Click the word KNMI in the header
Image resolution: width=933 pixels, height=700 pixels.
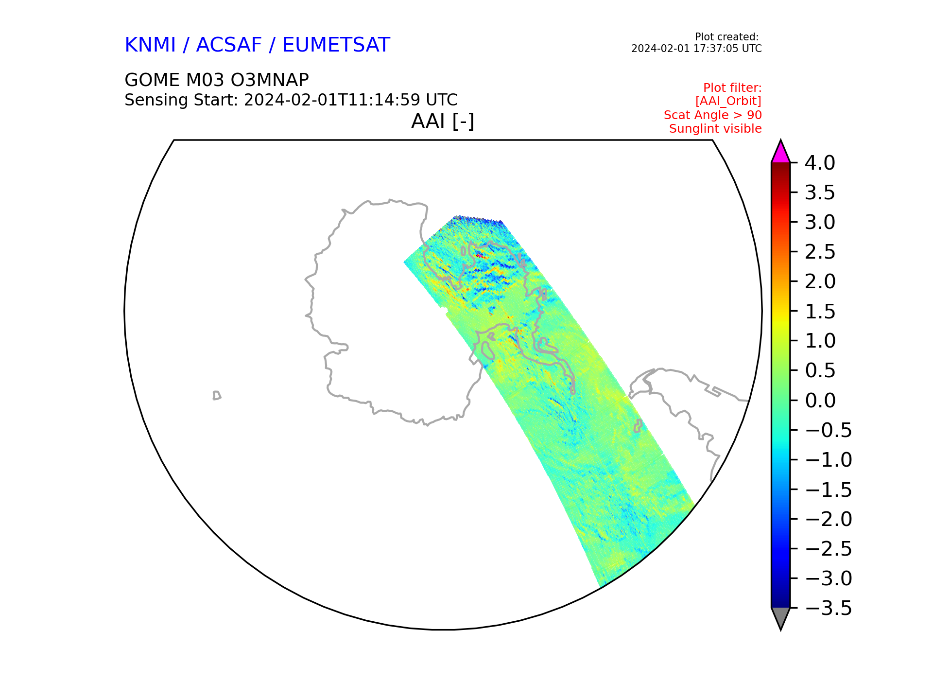click(150, 45)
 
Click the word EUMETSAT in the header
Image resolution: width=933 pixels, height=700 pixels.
click(336, 45)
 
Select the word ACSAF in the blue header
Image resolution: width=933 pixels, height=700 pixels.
click(229, 45)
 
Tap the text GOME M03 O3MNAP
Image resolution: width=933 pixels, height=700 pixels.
click(217, 80)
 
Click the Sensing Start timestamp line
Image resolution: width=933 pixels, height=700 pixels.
click(291, 100)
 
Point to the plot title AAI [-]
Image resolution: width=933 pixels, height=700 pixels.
click(442, 121)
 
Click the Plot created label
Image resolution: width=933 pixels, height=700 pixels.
click(726, 37)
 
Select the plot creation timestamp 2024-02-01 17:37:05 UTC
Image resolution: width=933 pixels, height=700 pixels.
click(696, 49)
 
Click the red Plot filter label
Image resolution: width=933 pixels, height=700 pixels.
click(732, 88)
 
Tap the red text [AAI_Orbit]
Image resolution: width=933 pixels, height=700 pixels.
click(728, 101)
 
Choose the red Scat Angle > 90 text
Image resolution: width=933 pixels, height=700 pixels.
click(712, 115)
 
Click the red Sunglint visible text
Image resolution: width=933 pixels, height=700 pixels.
click(715, 129)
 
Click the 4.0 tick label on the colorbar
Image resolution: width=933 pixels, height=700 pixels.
click(820, 163)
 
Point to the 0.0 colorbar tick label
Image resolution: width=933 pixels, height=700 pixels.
click(820, 401)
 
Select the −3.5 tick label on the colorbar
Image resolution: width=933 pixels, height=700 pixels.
click(828, 608)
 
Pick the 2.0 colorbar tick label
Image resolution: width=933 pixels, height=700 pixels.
click(820, 282)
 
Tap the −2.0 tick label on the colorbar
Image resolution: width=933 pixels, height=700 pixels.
click(828, 519)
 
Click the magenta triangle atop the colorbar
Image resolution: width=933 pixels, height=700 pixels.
click(780, 153)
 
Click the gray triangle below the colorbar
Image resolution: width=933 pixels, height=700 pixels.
click(780, 617)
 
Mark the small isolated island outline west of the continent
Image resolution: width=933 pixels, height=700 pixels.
click(217, 395)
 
